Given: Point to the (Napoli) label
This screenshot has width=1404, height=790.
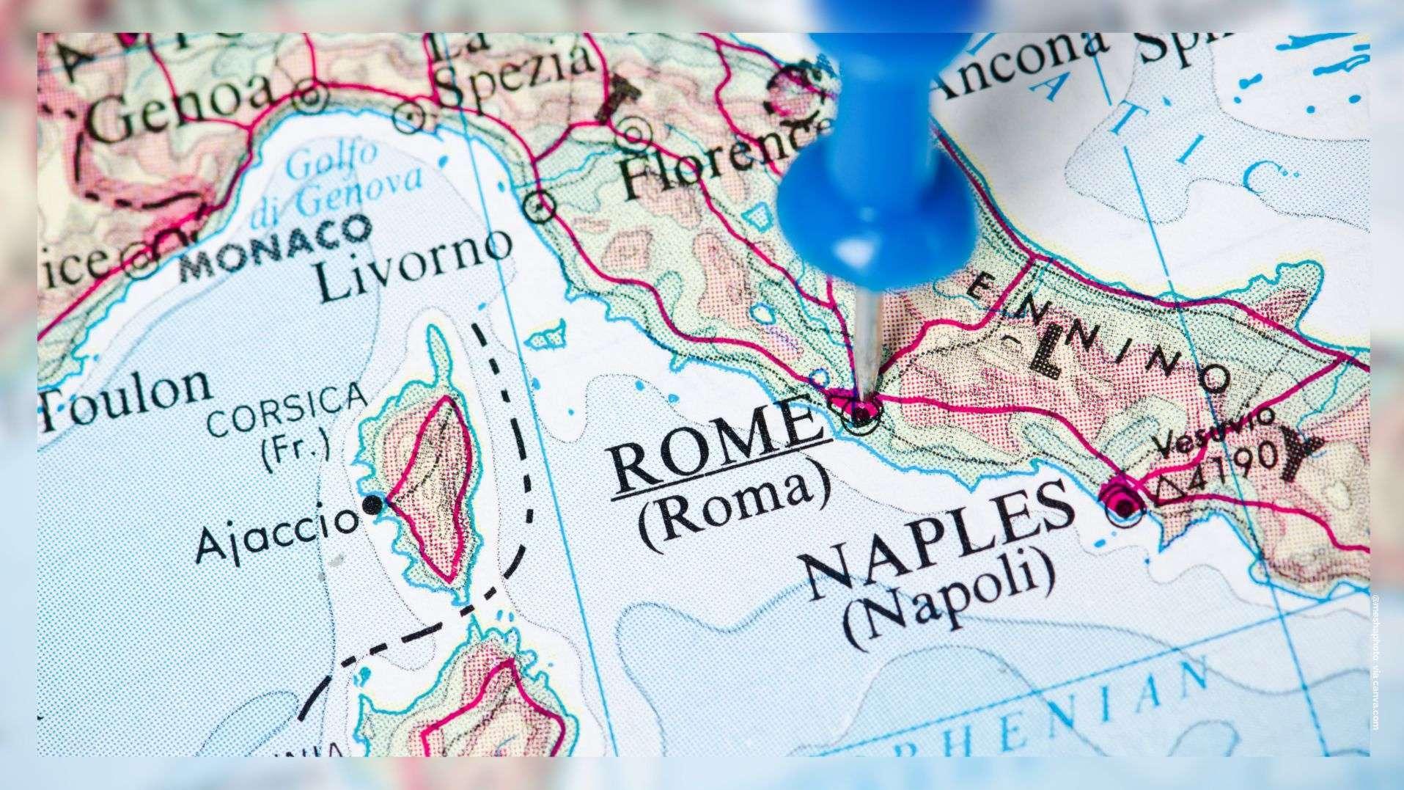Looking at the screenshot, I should [953, 595].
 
